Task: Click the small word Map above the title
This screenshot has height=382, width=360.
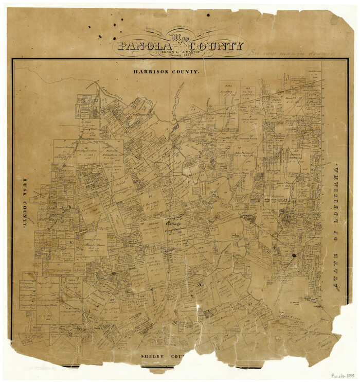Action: tap(179, 37)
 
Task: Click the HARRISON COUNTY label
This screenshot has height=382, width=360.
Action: tap(166, 72)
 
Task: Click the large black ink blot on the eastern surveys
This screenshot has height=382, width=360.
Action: tap(294, 255)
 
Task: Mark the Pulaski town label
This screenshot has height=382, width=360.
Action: tap(249, 219)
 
